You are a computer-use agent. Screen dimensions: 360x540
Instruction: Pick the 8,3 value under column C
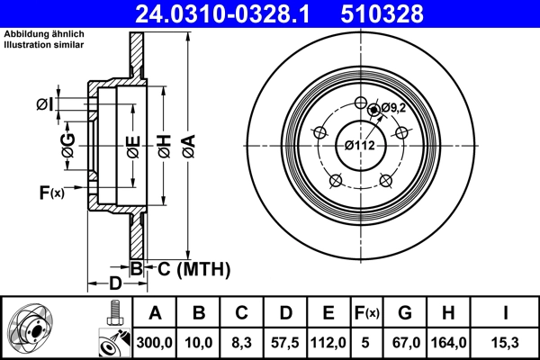click(242, 341)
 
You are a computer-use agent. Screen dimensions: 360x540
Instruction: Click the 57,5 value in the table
click(285, 341)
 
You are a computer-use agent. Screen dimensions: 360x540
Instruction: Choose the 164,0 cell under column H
click(451, 341)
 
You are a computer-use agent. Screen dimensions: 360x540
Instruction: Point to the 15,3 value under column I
click(505, 341)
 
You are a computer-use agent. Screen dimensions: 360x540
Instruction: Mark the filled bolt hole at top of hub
click(373, 110)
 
